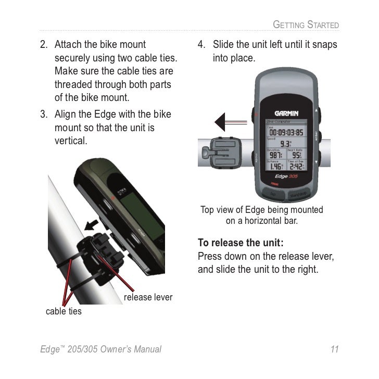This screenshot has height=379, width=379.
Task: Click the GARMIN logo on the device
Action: tap(286, 113)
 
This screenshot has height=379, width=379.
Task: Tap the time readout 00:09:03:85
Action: tap(286, 132)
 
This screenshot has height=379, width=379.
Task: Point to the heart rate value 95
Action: tap(296, 156)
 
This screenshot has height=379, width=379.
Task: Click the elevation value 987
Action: tap(274, 156)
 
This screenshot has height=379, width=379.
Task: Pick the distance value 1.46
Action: tap(275, 167)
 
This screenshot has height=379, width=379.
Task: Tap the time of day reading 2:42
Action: tap(297, 167)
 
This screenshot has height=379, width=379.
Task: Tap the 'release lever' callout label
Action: tap(148, 297)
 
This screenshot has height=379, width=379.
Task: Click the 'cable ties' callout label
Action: tap(64, 311)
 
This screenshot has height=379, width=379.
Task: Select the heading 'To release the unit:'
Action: tap(241, 243)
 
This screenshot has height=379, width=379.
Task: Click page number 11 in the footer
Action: tap(334, 349)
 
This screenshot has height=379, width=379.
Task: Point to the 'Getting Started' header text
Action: tap(306, 24)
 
